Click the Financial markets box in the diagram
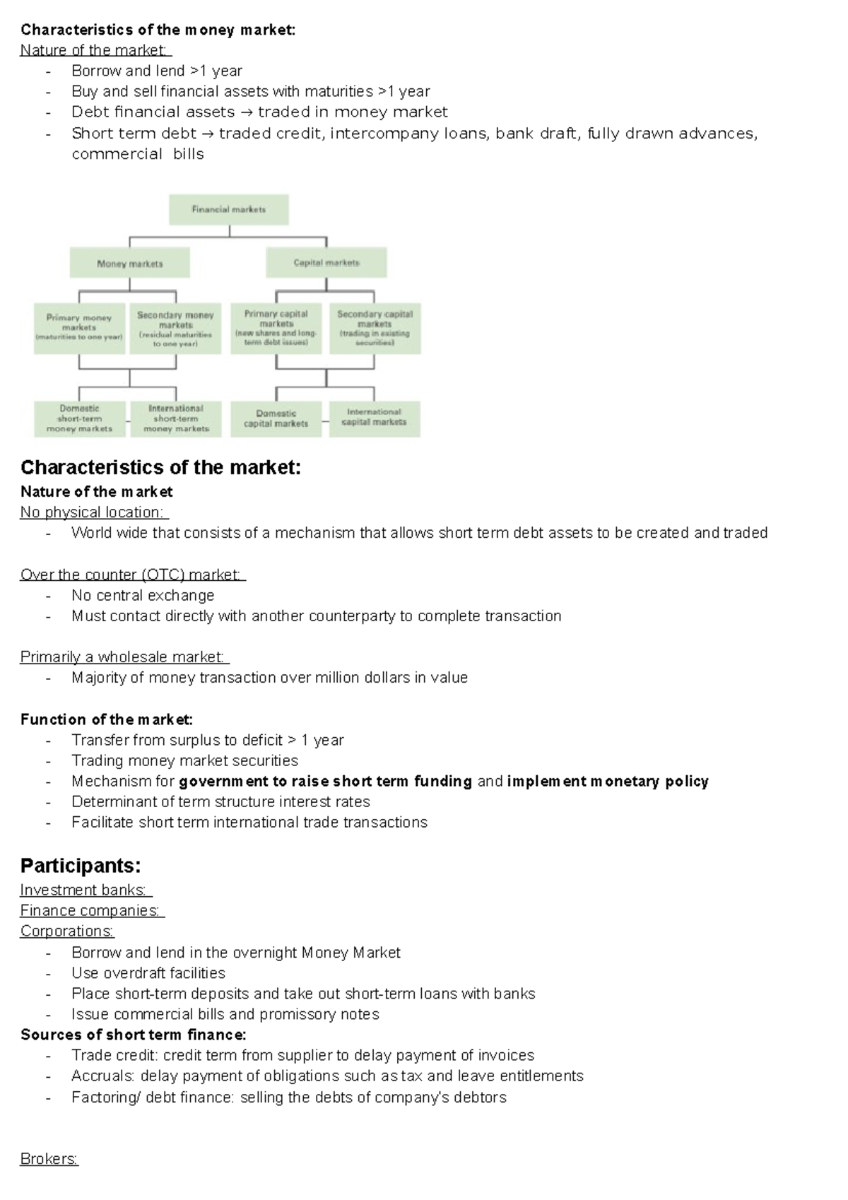229,209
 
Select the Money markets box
129,264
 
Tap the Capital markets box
326,263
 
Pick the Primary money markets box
79,328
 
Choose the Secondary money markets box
175,329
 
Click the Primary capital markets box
276,328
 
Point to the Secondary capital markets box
375,328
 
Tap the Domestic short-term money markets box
79,418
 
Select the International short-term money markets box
175,418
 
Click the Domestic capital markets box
276,418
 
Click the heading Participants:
81,866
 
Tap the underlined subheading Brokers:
49,1159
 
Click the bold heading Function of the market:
106,719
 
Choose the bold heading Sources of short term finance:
133,1035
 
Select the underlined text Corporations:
67,931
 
